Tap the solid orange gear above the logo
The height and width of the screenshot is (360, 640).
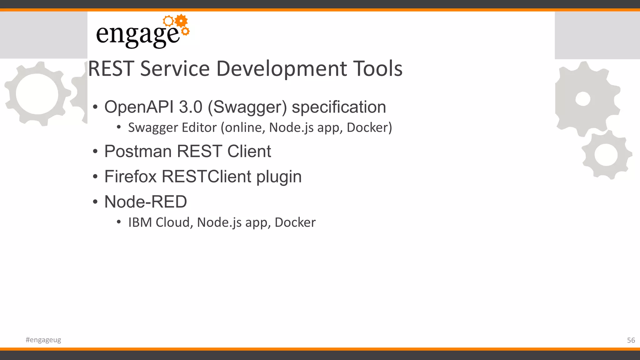[x=181, y=21]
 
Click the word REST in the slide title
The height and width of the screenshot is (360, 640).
[x=111, y=69]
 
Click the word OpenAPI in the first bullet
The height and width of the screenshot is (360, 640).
[x=139, y=107]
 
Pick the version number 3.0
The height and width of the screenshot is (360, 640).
[x=191, y=107]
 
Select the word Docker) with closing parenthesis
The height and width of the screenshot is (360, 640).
[x=369, y=127]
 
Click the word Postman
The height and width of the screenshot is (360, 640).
[x=138, y=152]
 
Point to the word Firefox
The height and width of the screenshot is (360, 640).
[x=130, y=177]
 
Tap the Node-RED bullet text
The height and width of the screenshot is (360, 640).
[x=146, y=202]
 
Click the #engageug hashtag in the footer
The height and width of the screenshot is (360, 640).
[x=43, y=340]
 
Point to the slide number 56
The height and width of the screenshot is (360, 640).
[x=631, y=340]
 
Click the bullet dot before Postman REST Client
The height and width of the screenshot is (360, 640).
[x=95, y=152]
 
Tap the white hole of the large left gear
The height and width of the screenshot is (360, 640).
[x=37, y=94]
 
